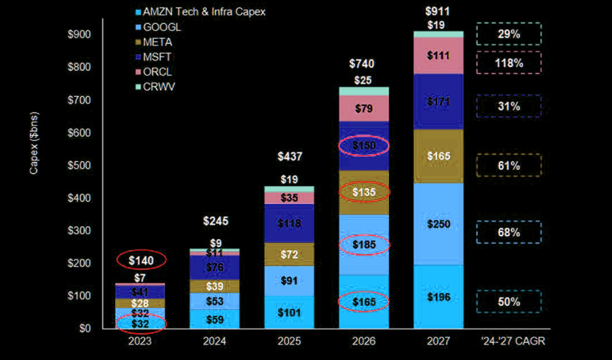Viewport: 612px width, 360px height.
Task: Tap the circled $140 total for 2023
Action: click(x=142, y=260)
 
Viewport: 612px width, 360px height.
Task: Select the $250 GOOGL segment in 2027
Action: click(x=437, y=223)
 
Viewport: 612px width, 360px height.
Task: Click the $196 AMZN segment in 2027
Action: click(x=437, y=296)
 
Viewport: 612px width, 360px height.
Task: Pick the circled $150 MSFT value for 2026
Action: click(x=364, y=145)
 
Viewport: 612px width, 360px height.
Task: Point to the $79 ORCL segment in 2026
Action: click(x=364, y=108)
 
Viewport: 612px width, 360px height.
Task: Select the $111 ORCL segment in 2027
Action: click(x=437, y=56)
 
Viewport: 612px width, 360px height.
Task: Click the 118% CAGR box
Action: click(x=508, y=63)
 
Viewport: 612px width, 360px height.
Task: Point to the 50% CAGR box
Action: click(x=508, y=301)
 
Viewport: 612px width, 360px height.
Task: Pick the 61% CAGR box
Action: click(x=508, y=165)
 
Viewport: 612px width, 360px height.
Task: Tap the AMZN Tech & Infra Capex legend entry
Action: click(x=200, y=13)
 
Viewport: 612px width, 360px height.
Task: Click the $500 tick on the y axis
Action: click(x=80, y=165)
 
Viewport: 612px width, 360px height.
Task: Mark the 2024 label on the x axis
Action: click(x=216, y=341)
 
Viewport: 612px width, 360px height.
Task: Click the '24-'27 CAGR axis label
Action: click(x=512, y=341)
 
